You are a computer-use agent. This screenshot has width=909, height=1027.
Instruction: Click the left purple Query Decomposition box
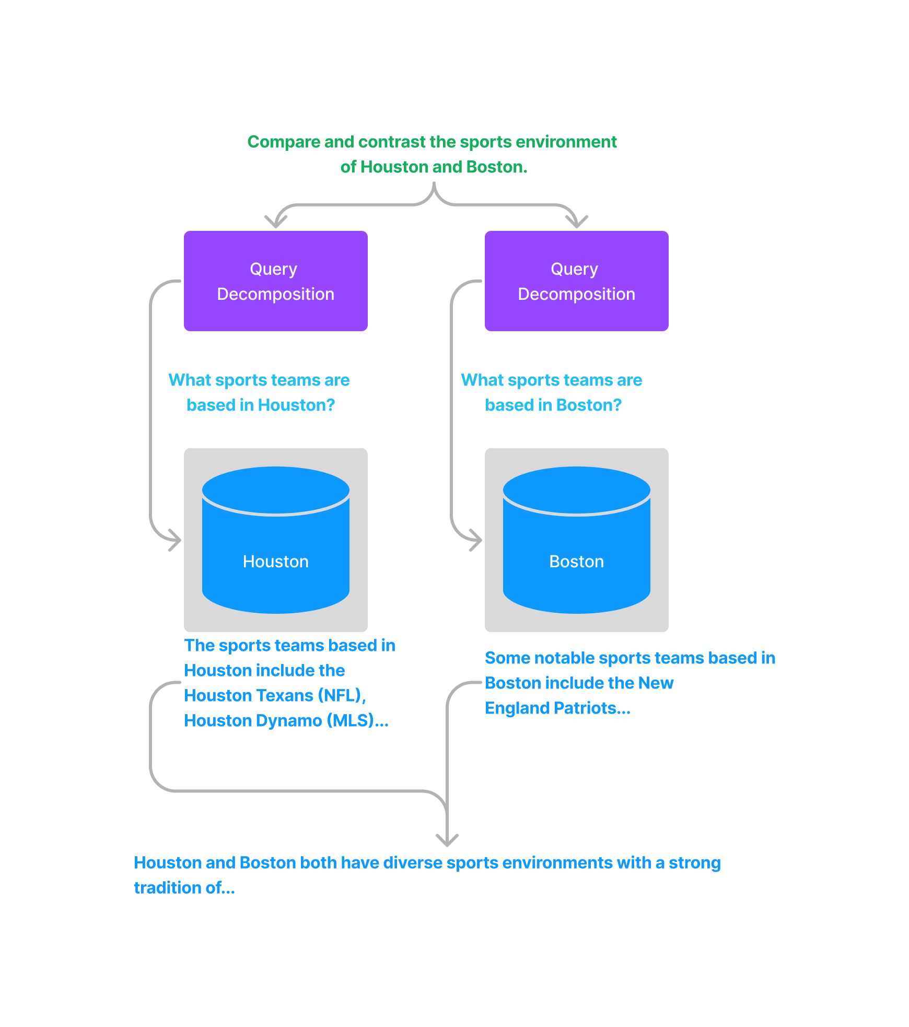[276, 281]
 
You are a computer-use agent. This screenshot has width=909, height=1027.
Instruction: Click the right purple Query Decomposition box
[577, 281]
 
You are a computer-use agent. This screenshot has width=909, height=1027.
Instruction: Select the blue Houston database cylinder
[276, 540]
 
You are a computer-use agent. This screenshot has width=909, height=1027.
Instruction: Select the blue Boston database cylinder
[577, 540]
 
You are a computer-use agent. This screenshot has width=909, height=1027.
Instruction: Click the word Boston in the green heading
[497, 167]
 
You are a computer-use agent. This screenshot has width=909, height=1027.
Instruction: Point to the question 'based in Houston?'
[261, 405]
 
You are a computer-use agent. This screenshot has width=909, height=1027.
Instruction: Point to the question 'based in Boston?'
[553, 405]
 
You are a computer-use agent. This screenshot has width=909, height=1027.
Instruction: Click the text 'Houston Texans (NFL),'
[275, 696]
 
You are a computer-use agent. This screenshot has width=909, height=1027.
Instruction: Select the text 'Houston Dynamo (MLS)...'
[286, 721]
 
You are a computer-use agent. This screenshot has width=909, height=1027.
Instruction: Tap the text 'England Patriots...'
[557, 708]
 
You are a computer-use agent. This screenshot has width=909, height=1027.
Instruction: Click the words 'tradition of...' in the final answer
[184, 888]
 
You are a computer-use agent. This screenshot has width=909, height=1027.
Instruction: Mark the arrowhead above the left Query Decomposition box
[276, 222]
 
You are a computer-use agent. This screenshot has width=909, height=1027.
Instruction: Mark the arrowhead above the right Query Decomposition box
[577, 222]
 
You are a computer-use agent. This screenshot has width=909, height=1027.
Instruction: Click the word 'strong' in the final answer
[695, 863]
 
